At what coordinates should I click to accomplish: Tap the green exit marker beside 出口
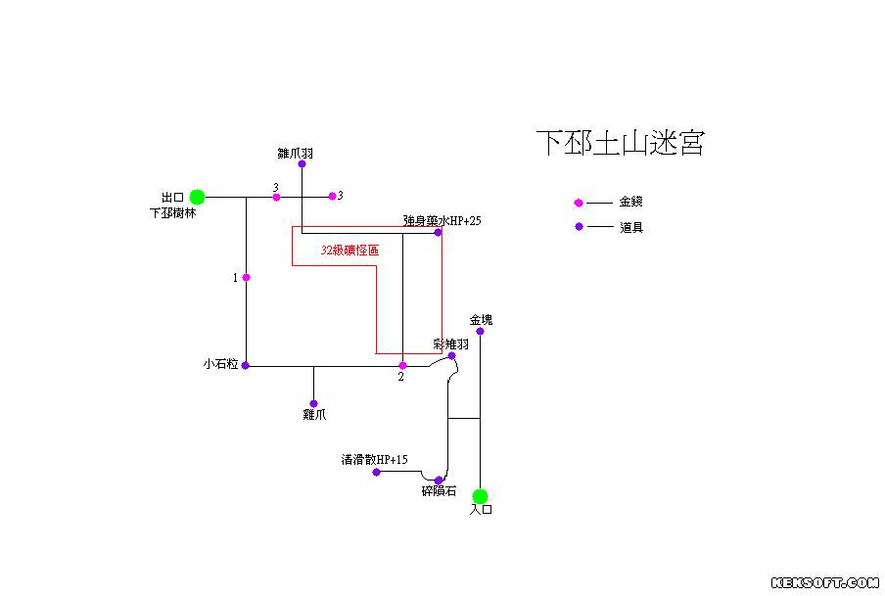coord(197,197)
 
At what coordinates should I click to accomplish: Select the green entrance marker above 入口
coord(480,496)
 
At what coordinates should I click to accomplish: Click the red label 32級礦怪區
coord(349,251)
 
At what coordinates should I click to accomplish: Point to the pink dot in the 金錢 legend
coord(579,203)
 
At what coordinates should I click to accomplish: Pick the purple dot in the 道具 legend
coord(579,227)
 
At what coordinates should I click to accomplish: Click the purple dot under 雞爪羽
coord(302,163)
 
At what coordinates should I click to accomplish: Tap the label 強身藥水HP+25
coord(442,221)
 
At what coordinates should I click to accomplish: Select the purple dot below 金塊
coord(480,331)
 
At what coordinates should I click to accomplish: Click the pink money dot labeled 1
coord(246,278)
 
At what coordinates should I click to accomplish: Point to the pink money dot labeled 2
coord(402,366)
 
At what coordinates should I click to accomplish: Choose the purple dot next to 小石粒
coord(246,365)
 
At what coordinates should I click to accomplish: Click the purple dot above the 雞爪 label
coord(313,403)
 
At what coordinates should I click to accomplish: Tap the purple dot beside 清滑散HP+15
coord(376,472)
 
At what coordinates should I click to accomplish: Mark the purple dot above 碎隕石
coord(438,480)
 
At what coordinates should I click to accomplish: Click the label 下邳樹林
coord(171,212)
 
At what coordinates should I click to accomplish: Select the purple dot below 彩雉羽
coord(451,356)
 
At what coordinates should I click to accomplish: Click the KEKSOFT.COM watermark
coord(825,583)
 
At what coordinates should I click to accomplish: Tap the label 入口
coord(480,510)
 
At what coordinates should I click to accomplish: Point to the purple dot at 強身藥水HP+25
coord(438,232)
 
